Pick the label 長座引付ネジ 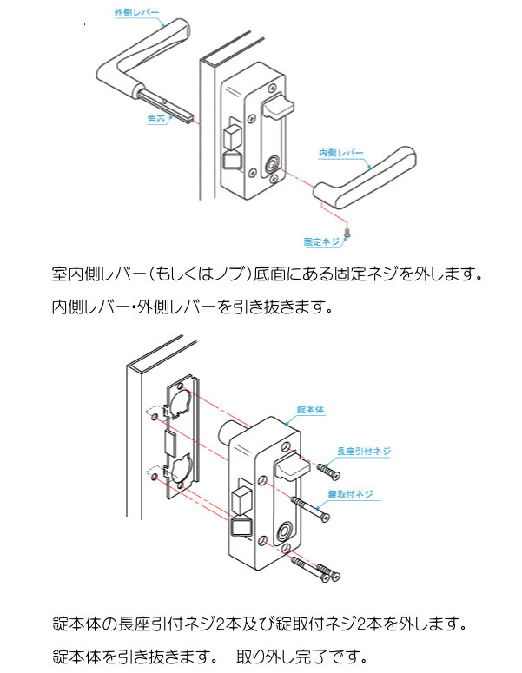(x=364, y=452)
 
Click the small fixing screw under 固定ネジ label (x=348, y=231)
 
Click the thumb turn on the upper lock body (x=277, y=110)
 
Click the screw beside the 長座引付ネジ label (x=327, y=471)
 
